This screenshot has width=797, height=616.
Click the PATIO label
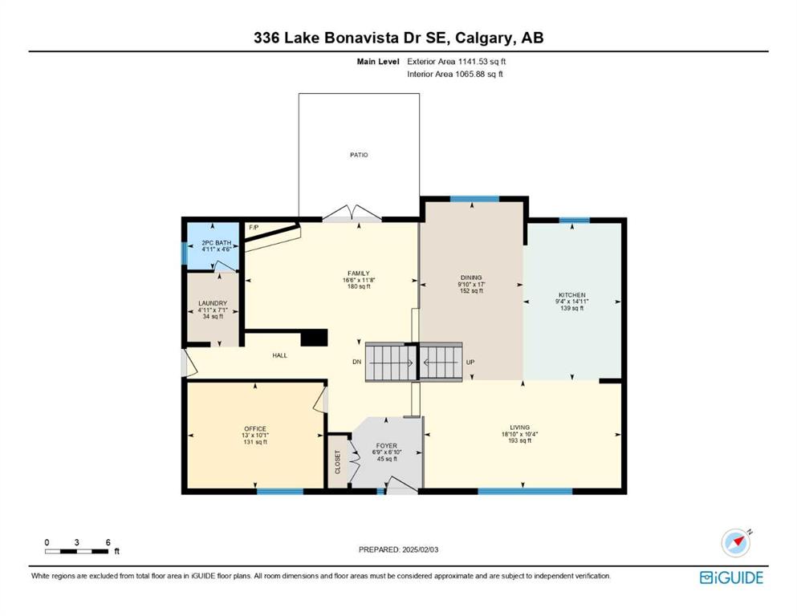tap(359, 155)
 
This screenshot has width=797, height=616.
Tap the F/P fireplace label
tap(254, 227)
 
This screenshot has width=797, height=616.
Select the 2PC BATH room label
tap(217, 243)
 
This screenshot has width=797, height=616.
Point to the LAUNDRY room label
tap(213, 303)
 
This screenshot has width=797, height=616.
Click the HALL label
tap(279, 355)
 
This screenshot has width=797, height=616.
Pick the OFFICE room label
tap(255, 428)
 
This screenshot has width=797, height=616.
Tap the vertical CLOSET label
tap(338, 462)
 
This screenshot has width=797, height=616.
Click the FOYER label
tap(387, 446)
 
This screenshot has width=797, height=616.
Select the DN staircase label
tap(357, 362)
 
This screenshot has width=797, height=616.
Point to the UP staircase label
tap(470, 362)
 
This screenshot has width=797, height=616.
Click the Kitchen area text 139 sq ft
tap(571, 308)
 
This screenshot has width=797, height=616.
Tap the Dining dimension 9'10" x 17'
tap(471, 285)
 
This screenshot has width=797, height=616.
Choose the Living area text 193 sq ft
tap(519, 440)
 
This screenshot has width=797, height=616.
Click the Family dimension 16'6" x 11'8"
tap(359, 280)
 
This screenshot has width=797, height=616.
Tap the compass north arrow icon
tap(736, 542)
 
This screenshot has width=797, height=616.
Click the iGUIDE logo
tap(731, 577)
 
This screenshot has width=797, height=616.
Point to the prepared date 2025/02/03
tap(420, 549)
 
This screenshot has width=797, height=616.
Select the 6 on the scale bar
tap(108, 542)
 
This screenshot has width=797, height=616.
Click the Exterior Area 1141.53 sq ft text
tap(457, 62)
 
